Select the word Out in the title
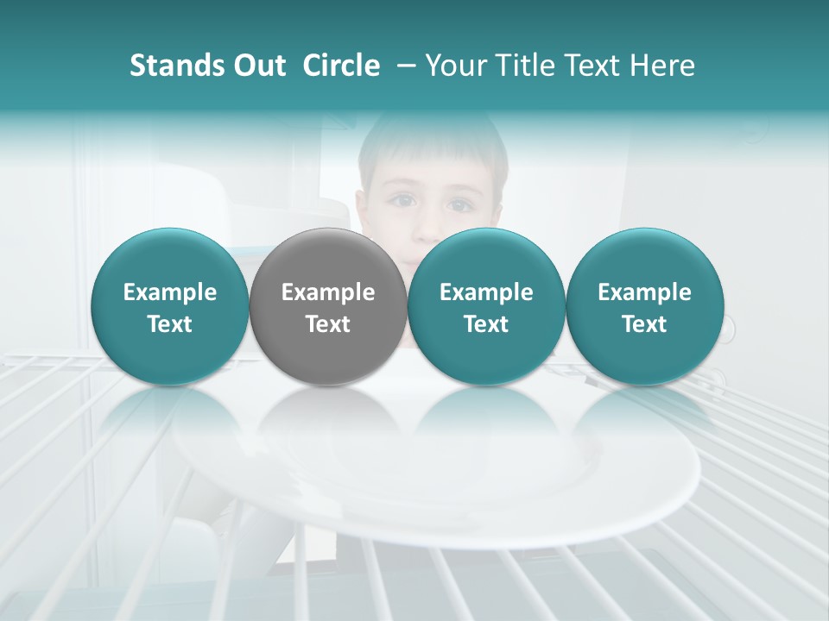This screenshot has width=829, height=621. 256,66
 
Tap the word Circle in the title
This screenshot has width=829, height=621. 341,66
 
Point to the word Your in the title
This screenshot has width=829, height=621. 456,66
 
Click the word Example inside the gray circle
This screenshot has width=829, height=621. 328,292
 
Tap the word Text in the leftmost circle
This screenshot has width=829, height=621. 170,324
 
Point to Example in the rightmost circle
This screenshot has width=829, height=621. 644,292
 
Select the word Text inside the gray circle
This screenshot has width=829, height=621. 328,324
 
